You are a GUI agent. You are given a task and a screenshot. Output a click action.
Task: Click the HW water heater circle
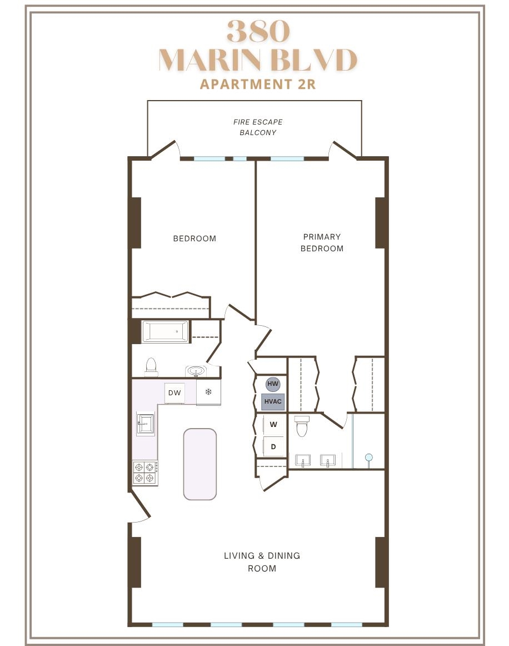[273, 384]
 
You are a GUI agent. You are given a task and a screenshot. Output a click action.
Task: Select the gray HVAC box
[273, 402]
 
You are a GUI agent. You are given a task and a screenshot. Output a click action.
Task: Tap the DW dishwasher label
[174, 392]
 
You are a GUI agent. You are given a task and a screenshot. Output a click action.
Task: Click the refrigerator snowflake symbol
[208, 391]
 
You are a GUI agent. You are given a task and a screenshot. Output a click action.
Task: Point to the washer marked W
[273, 424]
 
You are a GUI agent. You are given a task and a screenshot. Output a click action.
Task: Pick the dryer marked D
[273, 446]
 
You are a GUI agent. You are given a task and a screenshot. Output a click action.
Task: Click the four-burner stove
[146, 473]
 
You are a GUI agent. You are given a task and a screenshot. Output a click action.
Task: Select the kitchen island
[199, 464]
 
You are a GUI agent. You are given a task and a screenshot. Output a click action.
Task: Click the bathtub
[166, 332]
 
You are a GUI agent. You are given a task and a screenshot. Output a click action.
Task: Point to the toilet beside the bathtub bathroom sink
[151, 367]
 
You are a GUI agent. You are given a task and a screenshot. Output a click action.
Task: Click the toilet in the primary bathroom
[302, 426]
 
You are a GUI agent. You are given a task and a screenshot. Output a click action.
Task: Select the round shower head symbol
[369, 458]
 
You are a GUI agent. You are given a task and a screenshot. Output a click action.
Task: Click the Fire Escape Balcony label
[258, 127]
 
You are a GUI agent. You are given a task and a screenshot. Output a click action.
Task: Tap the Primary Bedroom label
[322, 242]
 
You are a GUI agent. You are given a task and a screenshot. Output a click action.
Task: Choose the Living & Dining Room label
[262, 562]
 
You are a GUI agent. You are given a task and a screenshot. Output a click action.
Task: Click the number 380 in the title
[258, 31]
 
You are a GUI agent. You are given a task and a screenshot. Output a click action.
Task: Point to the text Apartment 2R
[258, 85]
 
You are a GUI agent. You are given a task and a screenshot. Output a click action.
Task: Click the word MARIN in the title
[210, 60]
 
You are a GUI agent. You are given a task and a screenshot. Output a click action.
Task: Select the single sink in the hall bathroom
[196, 371]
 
